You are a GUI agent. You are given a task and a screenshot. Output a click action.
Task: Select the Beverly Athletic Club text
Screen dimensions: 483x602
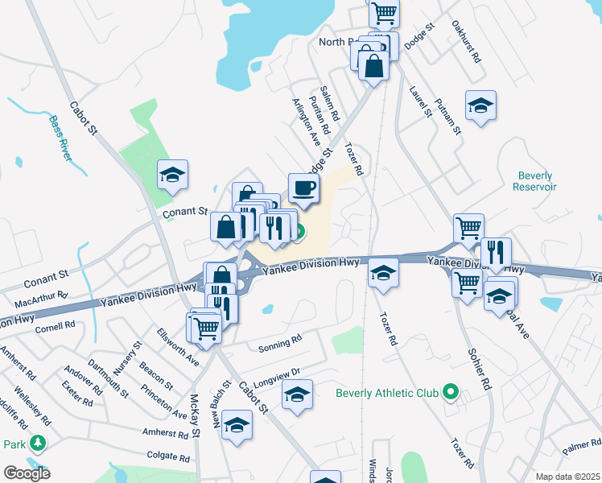click(x=387, y=394)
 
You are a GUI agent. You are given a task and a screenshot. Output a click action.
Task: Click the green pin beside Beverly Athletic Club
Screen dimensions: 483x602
click(x=450, y=394)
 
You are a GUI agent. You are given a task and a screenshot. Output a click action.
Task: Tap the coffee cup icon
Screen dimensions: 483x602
click(x=304, y=188)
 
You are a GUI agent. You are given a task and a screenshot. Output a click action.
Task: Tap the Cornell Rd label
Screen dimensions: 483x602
click(x=54, y=326)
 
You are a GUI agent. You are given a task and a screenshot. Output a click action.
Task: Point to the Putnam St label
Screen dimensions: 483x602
click(x=448, y=115)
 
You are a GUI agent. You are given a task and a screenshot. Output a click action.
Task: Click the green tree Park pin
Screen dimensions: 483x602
click(x=37, y=443)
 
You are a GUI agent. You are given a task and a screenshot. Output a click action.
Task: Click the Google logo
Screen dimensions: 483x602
click(x=27, y=473)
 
